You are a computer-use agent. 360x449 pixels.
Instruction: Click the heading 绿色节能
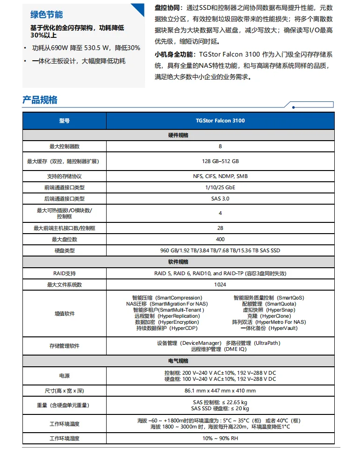[x=46, y=15]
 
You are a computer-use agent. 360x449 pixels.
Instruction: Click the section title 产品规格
[x=40, y=100]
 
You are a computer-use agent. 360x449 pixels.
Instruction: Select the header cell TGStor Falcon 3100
[x=220, y=121]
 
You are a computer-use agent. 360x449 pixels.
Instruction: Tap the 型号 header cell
[x=65, y=121]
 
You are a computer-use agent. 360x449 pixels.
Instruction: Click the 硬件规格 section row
[x=178, y=135]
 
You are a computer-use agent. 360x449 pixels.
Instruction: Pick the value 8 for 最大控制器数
[x=220, y=146]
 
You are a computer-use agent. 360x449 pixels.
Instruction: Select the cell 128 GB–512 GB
[x=220, y=161]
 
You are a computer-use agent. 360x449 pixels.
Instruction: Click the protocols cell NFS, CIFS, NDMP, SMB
[x=220, y=176]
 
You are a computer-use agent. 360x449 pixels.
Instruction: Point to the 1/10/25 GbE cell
[x=220, y=187]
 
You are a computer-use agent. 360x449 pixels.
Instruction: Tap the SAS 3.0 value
[x=220, y=199]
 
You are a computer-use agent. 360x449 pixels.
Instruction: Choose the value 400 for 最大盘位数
[x=220, y=239]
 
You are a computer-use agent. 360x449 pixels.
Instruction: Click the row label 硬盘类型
[x=65, y=250]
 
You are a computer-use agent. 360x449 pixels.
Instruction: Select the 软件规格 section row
[x=178, y=262]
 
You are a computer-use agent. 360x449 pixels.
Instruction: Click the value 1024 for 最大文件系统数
[x=220, y=285]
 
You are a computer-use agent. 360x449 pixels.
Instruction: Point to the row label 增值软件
[x=65, y=313]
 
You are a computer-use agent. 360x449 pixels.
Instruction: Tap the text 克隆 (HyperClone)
[x=269, y=316]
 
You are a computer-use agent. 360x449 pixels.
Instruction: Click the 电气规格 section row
[x=178, y=361]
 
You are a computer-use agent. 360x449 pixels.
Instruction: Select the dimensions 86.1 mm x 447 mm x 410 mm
[x=220, y=391]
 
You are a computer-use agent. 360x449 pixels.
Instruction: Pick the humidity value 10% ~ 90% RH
[x=220, y=438]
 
